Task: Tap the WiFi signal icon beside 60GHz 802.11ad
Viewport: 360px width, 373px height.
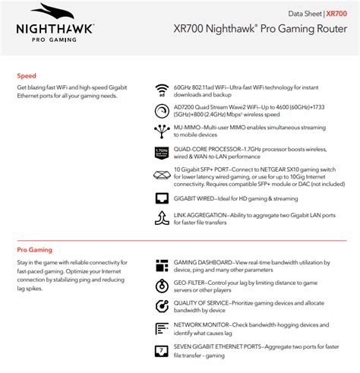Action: click(x=161, y=90)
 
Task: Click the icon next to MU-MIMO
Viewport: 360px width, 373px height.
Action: click(x=161, y=130)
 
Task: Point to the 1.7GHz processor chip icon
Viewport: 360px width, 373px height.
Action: click(x=161, y=152)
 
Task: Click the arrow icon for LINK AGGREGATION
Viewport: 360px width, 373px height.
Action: click(x=161, y=218)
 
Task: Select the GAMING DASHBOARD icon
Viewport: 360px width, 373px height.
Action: click(x=161, y=265)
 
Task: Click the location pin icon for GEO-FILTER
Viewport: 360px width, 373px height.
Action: click(x=161, y=286)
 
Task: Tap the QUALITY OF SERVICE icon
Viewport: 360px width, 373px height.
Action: click(x=161, y=307)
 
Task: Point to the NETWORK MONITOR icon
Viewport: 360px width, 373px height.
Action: click(x=161, y=328)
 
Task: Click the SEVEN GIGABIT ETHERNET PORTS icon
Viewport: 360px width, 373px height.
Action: click(x=161, y=350)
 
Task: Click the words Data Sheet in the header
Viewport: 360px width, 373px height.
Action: click(x=304, y=14)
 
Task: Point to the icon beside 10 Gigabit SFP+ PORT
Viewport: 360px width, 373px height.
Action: click(x=161, y=175)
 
